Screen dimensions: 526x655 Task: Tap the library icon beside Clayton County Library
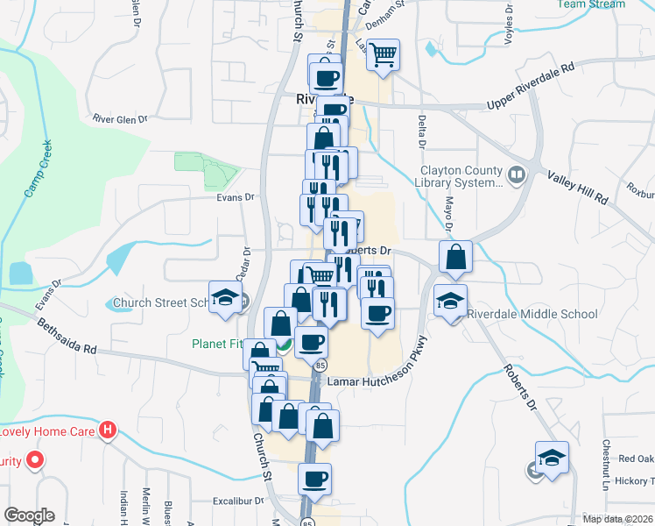tap(517, 176)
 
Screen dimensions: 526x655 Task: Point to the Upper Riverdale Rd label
tap(531, 89)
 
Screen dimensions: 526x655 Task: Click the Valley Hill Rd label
tap(578, 187)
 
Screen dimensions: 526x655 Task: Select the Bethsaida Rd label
tap(67, 337)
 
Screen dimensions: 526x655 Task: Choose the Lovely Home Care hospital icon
tap(107, 430)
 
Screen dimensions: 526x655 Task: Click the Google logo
tap(29, 515)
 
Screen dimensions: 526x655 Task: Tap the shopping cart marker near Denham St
tap(383, 55)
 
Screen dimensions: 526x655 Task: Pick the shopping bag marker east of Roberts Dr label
tap(455, 257)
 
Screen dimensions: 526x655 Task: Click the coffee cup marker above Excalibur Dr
tap(314, 479)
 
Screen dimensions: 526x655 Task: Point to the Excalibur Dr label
tap(237, 501)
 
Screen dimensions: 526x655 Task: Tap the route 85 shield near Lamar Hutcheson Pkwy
tap(321, 364)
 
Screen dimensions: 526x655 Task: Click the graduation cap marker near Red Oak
tap(552, 458)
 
